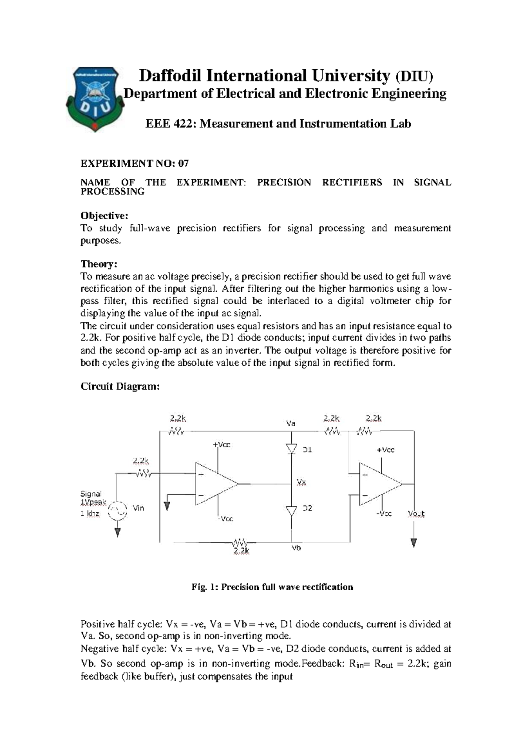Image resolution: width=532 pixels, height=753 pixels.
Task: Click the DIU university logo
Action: pyautogui.click(x=94, y=98)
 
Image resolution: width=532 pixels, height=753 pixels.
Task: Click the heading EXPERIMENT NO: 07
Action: pyautogui.click(x=135, y=164)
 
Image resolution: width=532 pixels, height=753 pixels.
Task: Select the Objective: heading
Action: pyautogui.click(x=104, y=216)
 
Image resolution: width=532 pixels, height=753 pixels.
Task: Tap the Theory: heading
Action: pyautogui.click(x=98, y=264)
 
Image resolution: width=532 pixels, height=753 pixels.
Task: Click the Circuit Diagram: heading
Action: pyautogui.click(x=120, y=386)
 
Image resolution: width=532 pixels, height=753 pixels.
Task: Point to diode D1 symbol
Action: pyautogui.click(x=291, y=449)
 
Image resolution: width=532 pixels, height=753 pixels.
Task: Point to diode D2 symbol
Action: pyautogui.click(x=291, y=511)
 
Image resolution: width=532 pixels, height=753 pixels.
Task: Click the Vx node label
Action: pyautogui.click(x=301, y=482)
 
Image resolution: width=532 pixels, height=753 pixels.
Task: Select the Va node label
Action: pyautogui.click(x=290, y=424)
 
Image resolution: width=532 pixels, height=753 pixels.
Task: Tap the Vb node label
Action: pyautogui.click(x=296, y=548)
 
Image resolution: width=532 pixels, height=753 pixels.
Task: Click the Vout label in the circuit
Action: pyautogui.click(x=416, y=514)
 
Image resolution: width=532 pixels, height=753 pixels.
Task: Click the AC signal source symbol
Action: pyautogui.click(x=117, y=511)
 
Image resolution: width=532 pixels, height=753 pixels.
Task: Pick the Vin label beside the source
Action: pyautogui.click(x=138, y=508)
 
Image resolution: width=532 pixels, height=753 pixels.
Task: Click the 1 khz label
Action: pyautogui.click(x=90, y=514)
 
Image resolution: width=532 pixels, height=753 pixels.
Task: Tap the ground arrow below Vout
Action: pyautogui.click(x=414, y=543)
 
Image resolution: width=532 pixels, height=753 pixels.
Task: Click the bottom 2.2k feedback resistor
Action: pyautogui.click(x=239, y=542)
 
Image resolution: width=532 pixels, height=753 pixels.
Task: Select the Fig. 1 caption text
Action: pyautogui.click(x=272, y=587)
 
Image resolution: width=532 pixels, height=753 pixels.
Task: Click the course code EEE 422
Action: pyautogui.click(x=170, y=124)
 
